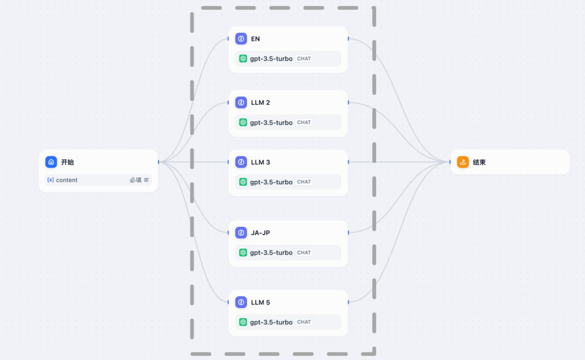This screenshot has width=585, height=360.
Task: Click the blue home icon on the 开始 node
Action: [x=51, y=162]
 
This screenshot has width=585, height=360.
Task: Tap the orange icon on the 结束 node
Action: [x=463, y=162]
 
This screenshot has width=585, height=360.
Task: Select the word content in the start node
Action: [x=67, y=180]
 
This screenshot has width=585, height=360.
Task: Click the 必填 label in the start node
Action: [x=135, y=180]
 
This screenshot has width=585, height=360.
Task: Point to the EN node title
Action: [x=255, y=39]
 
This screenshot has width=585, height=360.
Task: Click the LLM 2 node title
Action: [x=260, y=103]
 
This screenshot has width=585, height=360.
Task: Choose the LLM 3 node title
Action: [x=260, y=162]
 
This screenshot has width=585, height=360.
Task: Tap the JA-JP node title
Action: [x=260, y=233]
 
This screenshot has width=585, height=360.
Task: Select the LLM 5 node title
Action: [x=260, y=302]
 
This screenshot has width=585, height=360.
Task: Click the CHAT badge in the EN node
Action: [x=304, y=59]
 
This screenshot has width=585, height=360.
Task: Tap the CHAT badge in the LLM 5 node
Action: [x=304, y=322]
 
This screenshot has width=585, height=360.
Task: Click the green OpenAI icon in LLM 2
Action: [x=243, y=122]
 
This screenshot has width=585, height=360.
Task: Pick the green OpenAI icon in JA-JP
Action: [x=243, y=252]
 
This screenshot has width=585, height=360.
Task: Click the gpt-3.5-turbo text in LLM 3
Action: [x=271, y=182]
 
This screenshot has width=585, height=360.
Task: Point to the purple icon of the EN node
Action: [x=241, y=39]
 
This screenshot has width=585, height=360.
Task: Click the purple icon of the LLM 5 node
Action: [x=241, y=302]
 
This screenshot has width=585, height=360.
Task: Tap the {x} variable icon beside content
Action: [x=51, y=180]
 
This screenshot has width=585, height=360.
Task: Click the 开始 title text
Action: [x=67, y=162]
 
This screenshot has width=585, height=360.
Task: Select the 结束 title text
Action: [x=479, y=162]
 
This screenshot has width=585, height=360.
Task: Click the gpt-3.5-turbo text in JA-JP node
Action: [x=271, y=253]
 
